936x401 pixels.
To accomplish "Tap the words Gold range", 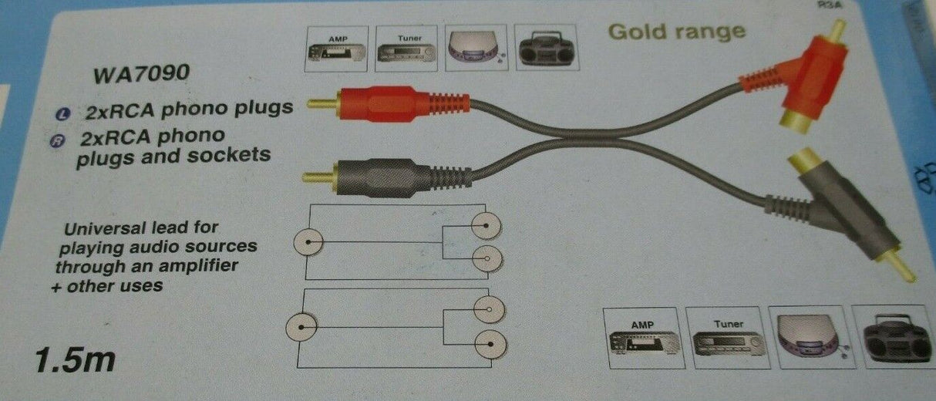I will [676, 32].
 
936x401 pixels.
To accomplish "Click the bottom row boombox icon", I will [895, 338].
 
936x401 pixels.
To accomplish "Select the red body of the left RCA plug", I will [386, 103].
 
